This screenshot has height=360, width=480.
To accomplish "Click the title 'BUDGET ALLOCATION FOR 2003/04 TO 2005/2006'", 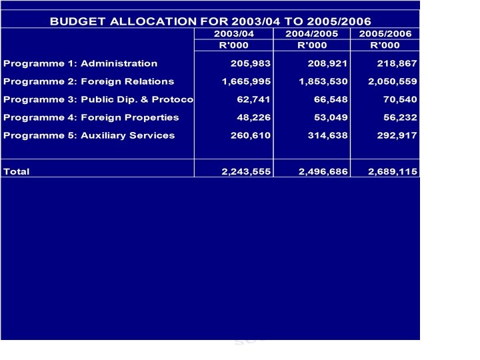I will click(x=210, y=21).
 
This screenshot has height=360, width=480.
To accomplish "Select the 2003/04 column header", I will click(x=234, y=33).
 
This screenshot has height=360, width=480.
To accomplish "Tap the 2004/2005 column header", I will click(x=311, y=33).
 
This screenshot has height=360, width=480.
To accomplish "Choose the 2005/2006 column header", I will click(x=385, y=33).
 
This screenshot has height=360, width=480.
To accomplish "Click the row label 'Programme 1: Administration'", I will click(x=81, y=64).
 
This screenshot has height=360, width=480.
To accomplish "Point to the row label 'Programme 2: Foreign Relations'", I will click(x=89, y=81).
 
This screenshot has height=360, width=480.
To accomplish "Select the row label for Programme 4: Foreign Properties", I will click(x=91, y=117).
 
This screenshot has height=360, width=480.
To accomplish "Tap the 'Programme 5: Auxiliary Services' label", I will click(x=89, y=135).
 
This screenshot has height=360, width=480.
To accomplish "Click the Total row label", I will click(x=17, y=171).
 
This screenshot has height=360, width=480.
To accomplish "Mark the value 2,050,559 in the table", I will click(x=392, y=81).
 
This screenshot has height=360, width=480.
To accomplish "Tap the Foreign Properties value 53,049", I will click(x=326, y=117).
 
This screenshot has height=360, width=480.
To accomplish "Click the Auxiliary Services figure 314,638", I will click(x=323, y=135).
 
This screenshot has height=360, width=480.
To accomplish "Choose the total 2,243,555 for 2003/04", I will click(x=245, y=171).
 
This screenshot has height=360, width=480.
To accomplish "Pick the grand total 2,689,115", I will click(x=392, y=171).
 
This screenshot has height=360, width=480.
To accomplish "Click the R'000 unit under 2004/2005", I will click(x=311, y=45).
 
